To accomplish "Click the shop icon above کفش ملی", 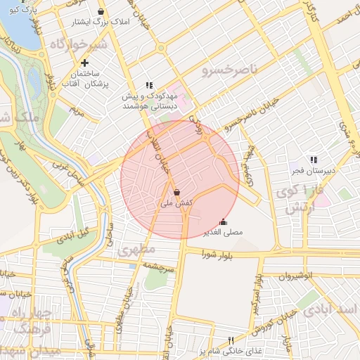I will [176, 192].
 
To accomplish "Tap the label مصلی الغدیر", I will [223, 231].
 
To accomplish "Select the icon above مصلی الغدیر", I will [224, 221].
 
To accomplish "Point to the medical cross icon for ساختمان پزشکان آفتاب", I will [84, 63].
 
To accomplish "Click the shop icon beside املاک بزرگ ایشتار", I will [102, 12].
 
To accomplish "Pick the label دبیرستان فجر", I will [313, 170].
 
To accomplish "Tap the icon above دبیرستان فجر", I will [313, 160].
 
